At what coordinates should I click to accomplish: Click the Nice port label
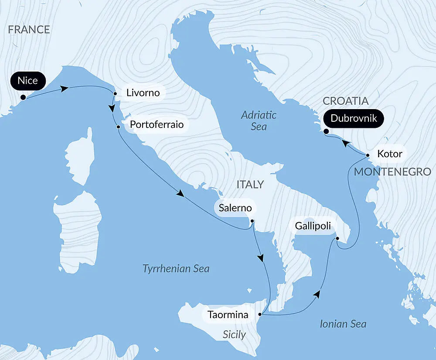tap(28, 81)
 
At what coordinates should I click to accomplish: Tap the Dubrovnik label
tap(354, 118)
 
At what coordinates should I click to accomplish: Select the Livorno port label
tap(143, 93)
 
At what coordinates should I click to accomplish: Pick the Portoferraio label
tap(157, 126)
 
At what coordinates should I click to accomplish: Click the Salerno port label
tap(235, 208)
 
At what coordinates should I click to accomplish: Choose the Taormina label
tap(228, 315)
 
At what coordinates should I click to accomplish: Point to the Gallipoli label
tap(313, 226)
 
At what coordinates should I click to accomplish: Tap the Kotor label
tap(389, 154)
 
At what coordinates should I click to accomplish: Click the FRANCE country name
tap(29, 30)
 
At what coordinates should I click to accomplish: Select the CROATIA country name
tap(345, 101)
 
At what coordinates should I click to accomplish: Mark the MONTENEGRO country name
tap(392, 171)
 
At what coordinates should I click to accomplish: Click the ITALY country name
tap(250, 184)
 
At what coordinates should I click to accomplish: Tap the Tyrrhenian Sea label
tap(176, 268)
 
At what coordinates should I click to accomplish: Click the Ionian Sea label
tap(343, 324)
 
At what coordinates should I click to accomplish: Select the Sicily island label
tap(234, 335)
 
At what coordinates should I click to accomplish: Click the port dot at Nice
tap(23, 98)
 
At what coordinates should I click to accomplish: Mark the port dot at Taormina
tap(260, 314)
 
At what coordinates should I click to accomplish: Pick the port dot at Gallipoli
tap(337, 238)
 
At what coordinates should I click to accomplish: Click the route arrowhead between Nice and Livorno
tap(64, 89)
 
